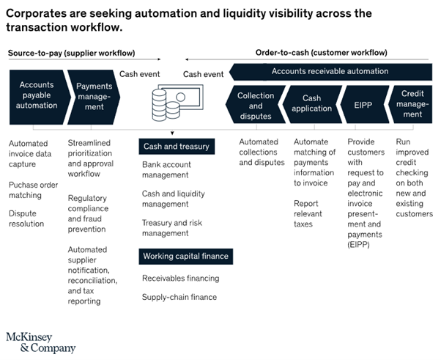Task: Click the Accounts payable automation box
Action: [35, 95]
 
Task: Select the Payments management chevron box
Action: [94, 96]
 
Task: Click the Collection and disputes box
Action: [256, 106]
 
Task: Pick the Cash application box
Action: [311, 106]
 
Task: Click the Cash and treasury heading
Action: [176, 147]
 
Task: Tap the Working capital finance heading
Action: [185, 257]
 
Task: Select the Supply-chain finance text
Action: [179, 297]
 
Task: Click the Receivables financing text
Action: [180, 278]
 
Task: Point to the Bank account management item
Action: [166, 170]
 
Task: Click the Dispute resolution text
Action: [28, 218]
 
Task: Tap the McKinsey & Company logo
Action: [40, 342]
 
